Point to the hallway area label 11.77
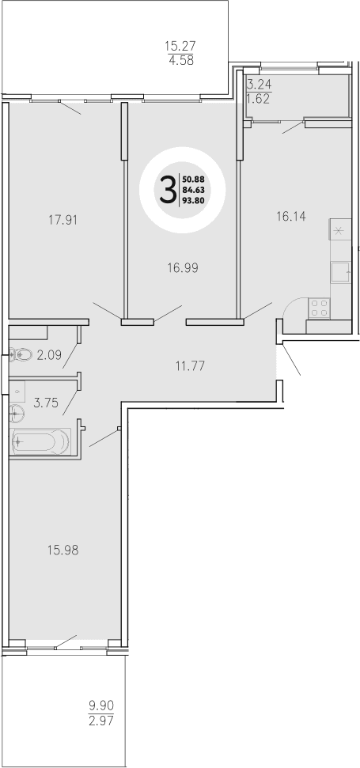[190, 365]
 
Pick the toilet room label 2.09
[50, 355]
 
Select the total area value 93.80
[195, 200]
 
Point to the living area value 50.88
[195, 178]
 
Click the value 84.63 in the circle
[195, 189]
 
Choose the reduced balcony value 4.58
[179, 59]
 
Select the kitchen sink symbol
[341, 272]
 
